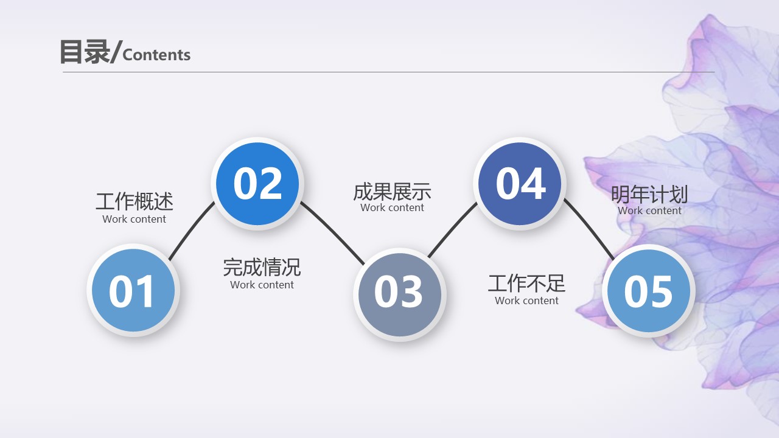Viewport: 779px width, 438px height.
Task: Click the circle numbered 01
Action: point(133,290)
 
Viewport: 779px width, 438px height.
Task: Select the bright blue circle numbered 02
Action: point(257,183)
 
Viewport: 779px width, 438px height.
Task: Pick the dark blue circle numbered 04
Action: point(520,183)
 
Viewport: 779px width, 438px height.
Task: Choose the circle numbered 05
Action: point(648,290)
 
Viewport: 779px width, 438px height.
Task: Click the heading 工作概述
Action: point(134,201)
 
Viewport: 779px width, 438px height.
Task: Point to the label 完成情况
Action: point(262,267)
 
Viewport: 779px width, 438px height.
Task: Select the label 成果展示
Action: point(392,192)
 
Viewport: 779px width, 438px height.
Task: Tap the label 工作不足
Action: point(526,283)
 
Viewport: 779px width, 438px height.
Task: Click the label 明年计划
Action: point(649,195)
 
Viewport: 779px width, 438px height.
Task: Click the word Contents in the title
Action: point(156,55)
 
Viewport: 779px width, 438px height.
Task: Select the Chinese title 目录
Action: point(84,52)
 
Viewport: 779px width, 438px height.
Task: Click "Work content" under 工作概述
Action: point(134,219)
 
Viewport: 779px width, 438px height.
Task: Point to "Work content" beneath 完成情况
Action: point(262,285)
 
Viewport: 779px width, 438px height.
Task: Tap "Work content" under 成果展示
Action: point(392,207)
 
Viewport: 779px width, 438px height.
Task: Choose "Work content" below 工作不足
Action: point(526,301)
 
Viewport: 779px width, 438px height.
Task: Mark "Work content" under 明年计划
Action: point(649,210)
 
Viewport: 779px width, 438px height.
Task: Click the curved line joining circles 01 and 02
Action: point(190,230)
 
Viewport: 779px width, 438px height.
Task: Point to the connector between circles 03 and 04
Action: point(452,228)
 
